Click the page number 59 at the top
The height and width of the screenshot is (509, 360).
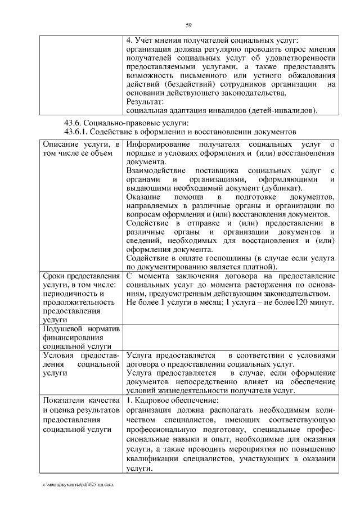coord(189,24)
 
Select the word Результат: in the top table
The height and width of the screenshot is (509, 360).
coord(145,102)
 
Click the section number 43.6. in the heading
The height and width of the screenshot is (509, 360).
coord(76,124)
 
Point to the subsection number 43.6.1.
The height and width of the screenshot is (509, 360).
coord(79,132)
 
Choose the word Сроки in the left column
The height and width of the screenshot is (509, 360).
coord(54,276)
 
